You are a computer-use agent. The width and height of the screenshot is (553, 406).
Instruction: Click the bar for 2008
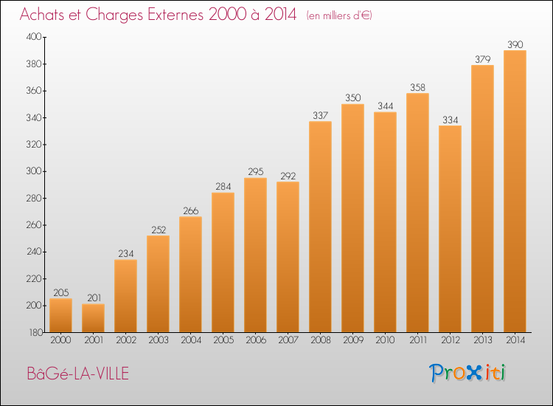tap(320, 227)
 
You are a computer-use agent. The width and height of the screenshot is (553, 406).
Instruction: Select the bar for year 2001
tap(93, 318)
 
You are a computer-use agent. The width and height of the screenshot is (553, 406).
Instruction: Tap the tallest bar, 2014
tap(515, 191)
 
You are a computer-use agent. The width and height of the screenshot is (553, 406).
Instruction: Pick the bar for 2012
tap(450, 229)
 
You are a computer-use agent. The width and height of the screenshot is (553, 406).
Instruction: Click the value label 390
tap(515, 44)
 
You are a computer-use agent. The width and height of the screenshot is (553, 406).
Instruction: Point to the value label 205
tap(61, 292)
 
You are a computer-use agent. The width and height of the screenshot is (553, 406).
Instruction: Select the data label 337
tap(320, 115)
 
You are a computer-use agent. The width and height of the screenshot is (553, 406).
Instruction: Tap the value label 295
tap(255, 171)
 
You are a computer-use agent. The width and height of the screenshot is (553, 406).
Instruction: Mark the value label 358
tap(417, 87)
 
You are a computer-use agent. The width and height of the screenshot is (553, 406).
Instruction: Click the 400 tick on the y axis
tap(34, 37)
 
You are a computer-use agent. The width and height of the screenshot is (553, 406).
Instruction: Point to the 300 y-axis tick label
tap(34, 171)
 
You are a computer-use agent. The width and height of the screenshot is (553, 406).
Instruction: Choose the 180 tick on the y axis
tap(35, 333)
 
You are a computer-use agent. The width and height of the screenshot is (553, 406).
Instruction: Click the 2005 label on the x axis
tap(223, 340)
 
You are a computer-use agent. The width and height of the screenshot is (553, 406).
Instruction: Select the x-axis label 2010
tap(385, 340)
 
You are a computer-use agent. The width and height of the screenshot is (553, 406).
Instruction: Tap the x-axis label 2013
tap(482, 340)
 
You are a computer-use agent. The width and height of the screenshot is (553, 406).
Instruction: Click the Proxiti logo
tap(467, 373)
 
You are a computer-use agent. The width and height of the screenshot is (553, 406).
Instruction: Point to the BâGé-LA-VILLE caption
tap(78, 374)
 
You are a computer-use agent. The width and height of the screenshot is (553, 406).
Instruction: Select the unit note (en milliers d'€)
tap(339, 16)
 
